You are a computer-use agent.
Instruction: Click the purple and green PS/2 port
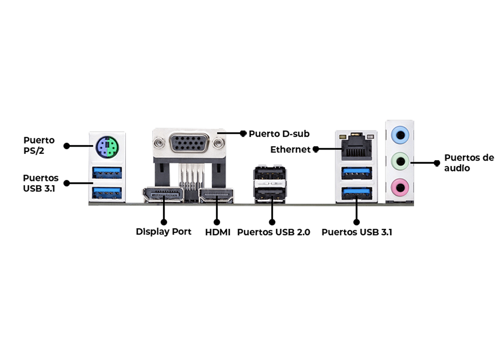(x=107, y=146)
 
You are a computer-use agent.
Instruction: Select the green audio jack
(x=400, y=159)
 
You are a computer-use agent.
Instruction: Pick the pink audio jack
(x=400, y=186)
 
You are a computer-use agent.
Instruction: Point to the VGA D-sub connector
(x=189, y=143)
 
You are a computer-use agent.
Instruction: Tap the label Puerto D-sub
(x=279, y=133)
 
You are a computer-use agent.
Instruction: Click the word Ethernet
(x=290, y=150)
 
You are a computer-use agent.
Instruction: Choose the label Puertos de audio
(x=469, y=163)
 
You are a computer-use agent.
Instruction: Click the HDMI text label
(x=218, y=232)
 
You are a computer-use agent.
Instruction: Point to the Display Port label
(x=164, y=232)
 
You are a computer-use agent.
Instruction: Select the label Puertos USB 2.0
(x=274, y=232)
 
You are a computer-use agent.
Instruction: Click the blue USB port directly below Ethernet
(x=357, y=173)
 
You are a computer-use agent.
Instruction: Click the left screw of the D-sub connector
(x=159, y=143)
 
